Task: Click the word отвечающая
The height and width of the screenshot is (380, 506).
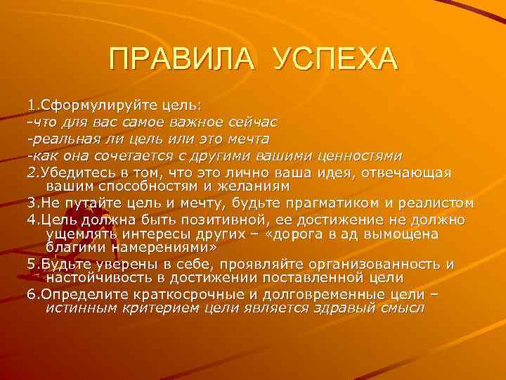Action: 410,172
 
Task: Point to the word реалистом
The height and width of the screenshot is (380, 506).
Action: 436,203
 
